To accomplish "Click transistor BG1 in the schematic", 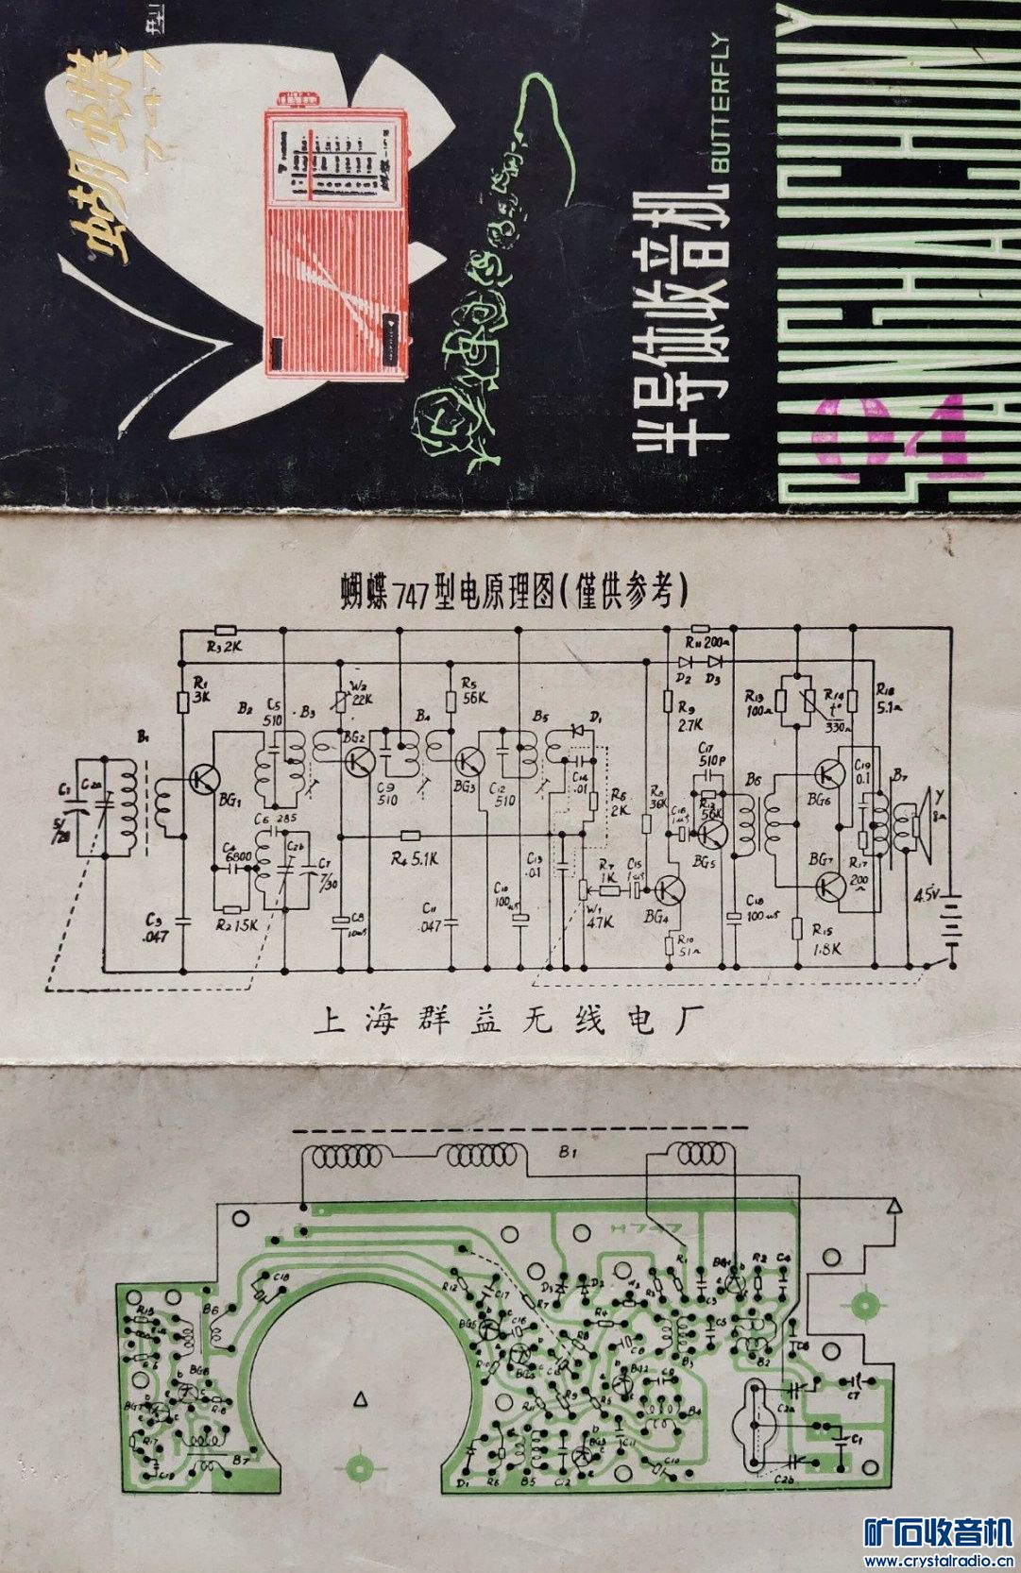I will [x=202, y=779].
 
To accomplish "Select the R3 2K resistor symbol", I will [x=225, y=629].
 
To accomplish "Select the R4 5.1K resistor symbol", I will [x=410, y=836].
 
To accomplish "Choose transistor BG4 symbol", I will [x=671, y=888].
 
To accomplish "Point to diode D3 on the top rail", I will [x=715, y=661].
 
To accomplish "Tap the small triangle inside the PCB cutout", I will [x=360, y=1401].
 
